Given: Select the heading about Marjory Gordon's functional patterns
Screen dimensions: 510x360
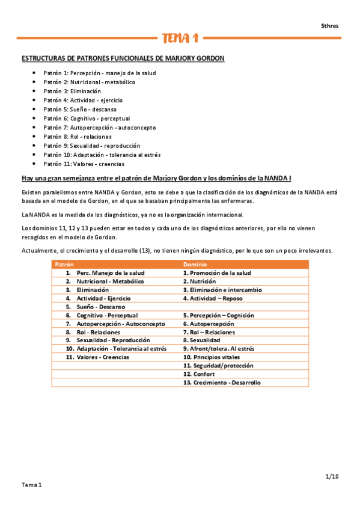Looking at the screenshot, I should pyautogui.click(x=123, y=58).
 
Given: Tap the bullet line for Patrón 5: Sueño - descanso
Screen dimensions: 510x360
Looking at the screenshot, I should pyautogui.click(x=80, y=109).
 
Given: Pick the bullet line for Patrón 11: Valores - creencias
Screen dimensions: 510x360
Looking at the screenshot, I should pyautogui.click(x=84, y=164).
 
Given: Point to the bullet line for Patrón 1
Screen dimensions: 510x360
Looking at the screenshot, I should pyautogui.click(x=99, y=73).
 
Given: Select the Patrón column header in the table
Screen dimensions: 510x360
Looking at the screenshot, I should pyautogui.click(x=64, y=264).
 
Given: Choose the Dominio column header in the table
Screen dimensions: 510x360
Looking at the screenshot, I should pyautogui.click(x=195, y=264).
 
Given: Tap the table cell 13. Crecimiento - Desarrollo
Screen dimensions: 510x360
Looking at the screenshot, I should pyautogui.click(x=222, y=382).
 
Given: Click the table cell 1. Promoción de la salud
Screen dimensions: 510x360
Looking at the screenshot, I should pyautogui.click(x=217, y=272).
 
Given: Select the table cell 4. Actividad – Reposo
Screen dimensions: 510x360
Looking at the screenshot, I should pyautogui.click(x=213, y=298).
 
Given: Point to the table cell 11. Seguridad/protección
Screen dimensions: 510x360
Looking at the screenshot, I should pyautogui.click(x=218, y=365).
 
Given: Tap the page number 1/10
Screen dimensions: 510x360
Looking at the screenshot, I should pyautogui.click(x=332, y=476).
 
